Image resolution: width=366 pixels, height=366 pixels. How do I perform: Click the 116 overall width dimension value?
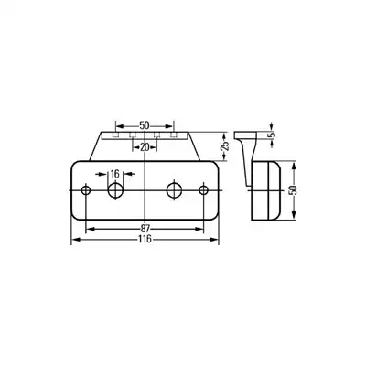pyautogui.click(x=145, y=239)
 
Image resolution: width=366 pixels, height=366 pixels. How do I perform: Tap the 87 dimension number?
pyautogui.click(x=145, y=229)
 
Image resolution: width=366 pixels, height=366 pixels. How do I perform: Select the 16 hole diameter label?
pyautogui.click(x=114, y=174)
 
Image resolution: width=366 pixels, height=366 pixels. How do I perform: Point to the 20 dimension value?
pyautogui.click(x=145, y=147)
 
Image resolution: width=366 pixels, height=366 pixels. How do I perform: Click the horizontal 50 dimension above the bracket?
pyautogui.click(x=145, y=125)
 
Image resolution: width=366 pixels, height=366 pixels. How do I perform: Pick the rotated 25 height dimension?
pyautogui.click(x=224, y=145)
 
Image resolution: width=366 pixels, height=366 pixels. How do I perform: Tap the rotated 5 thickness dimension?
pyautogui.click(x=272, y=135)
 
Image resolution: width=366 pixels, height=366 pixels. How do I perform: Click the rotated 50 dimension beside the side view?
pyautogui.click(x=294, y=190)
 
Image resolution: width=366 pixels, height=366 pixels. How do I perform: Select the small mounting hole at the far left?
pyautogui.click(x=86, y=190)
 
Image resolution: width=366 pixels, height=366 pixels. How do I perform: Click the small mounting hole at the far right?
pyautogui.click(x=203, y=190)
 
